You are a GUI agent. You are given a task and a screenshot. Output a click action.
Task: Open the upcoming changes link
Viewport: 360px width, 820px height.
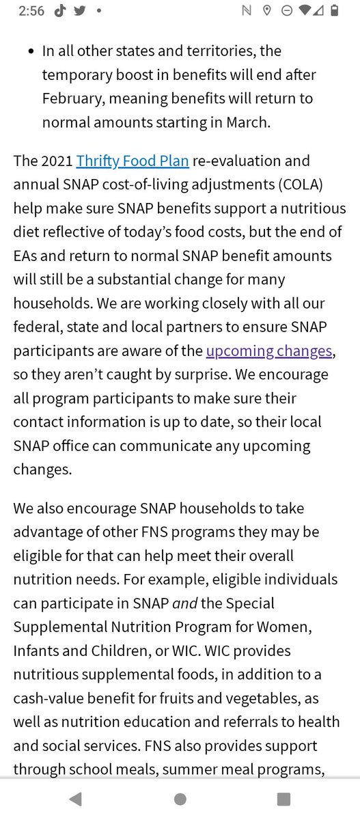269,351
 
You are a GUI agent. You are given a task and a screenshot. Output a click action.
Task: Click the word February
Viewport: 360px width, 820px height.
72,98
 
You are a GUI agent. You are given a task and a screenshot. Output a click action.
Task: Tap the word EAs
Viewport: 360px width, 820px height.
29,256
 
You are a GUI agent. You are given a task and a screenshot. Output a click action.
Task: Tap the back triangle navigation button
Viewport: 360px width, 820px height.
75,799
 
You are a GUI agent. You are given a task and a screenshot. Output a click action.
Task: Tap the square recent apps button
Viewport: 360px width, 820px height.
283,799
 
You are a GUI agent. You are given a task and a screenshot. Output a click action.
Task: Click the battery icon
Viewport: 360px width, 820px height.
335,11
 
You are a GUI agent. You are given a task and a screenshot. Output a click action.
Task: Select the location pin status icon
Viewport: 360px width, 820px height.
267,12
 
